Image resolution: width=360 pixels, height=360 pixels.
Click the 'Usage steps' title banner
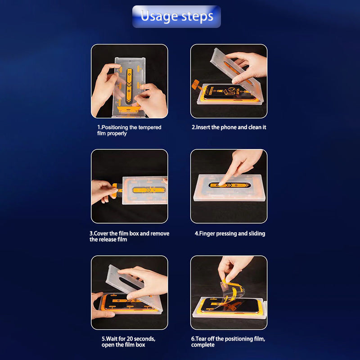tap(176, 17)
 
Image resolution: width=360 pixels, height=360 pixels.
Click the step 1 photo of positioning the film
tap(130, 81)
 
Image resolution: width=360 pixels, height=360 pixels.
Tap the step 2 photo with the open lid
tap(229, 81)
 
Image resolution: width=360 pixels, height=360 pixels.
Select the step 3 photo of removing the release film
tap(130, 186)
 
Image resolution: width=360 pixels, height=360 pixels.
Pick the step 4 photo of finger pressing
tap(229, 186)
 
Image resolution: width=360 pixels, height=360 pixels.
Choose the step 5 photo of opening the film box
tap(130, 292)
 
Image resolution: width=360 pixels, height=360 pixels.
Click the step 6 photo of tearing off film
tap(229, 292)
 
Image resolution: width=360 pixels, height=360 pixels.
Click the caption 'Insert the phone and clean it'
tap(229, 127)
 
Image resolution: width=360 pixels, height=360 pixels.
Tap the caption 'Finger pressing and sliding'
tap(229, 234)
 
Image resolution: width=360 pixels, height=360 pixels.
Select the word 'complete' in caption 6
tap(203, 345)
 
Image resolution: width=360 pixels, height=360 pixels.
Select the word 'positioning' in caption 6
tap(239, 338)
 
